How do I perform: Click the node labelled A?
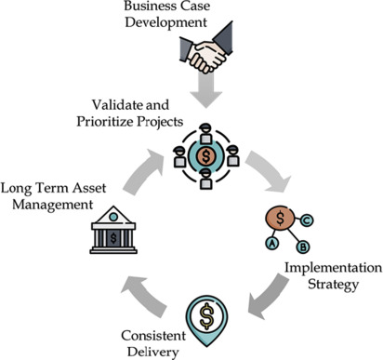[x=272, y=243]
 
